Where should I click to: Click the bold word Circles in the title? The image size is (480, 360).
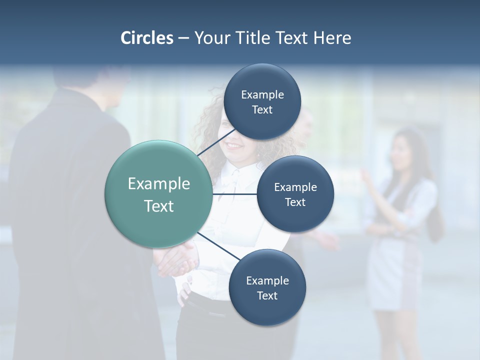click(146, 38)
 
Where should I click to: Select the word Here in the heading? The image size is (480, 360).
click(332, 38)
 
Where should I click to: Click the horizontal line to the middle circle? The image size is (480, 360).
click(234, 194)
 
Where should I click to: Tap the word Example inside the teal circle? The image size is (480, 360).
click(159, 184)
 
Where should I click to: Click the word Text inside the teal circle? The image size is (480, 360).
click(159, 206)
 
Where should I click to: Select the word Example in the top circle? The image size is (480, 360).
click(262, 95)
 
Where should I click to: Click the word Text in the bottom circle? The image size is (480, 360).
click(267, 296)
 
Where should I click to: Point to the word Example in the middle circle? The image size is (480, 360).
click(295, 187)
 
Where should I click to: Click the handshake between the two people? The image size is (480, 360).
click(175, 260)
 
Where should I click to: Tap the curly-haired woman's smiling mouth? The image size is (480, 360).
click(233, 146)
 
